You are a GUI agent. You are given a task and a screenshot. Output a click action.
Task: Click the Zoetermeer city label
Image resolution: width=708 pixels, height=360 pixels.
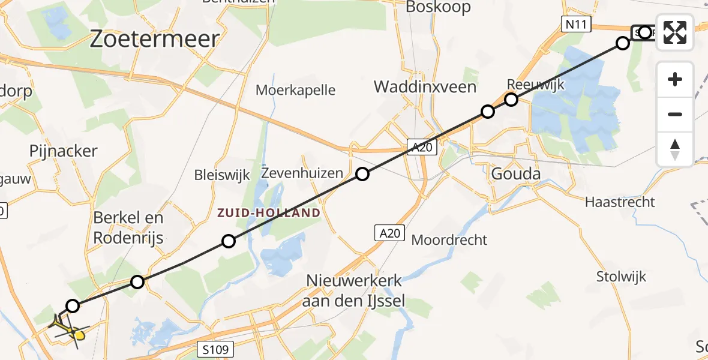point(154,39)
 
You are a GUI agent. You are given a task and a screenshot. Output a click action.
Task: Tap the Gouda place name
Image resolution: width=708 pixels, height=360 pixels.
point(515,174)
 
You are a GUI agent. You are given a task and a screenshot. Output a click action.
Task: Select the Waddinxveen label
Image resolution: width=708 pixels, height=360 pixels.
point(425,87)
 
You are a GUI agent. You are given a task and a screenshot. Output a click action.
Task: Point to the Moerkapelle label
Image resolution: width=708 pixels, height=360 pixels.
point(295,90)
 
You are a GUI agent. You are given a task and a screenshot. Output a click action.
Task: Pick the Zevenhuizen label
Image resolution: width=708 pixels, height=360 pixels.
point(302,173)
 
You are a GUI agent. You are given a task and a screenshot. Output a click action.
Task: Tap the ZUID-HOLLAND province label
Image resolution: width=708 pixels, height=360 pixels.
point(268,213)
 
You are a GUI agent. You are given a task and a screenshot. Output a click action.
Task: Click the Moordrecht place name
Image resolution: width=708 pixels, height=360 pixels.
point(449,240)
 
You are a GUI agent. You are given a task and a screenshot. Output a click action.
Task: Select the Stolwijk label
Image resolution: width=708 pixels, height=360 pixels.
point(621,277)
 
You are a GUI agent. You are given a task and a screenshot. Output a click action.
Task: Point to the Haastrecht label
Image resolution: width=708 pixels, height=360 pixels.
point(620,202)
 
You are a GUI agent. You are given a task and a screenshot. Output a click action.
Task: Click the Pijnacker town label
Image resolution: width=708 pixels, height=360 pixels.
point(63,151)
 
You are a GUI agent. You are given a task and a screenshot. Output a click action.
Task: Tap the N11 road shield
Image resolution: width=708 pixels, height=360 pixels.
point(577,25)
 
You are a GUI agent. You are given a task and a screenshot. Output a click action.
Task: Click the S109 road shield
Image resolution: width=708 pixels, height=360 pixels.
point(214,349)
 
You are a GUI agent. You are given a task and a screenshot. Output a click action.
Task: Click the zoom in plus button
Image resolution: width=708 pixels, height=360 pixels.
point(675,79)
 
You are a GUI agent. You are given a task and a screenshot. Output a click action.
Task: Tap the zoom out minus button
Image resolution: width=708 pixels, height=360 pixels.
point(675,114)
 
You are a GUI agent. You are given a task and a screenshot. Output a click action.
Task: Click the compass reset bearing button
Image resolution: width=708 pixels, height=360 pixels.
point(675,149)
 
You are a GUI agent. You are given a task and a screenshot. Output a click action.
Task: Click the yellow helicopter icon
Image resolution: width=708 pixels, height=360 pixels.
point(71,329)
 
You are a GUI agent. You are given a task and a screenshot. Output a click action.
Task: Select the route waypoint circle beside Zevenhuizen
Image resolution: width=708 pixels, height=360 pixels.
point(362,174)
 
